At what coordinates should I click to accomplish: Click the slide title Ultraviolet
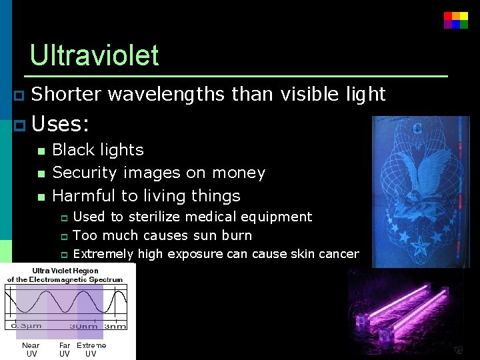94,55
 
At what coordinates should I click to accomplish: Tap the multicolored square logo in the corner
456,20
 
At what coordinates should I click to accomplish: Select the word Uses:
61,124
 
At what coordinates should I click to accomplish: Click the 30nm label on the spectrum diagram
84,326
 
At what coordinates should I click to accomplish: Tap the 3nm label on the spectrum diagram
115,326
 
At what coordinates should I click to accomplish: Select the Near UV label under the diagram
31,349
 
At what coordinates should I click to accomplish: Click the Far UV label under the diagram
65,349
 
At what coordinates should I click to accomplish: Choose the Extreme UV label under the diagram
91,349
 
